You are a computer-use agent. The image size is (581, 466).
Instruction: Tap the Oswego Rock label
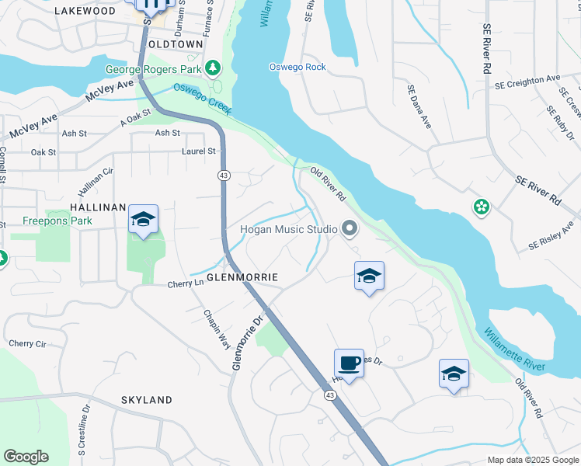(x=297, y=67)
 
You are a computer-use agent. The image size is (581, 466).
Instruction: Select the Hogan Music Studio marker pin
(x=350, y=228)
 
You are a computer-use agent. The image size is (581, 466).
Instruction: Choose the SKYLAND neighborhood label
(x=147, y=400)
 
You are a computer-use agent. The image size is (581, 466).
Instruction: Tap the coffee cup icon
(x=349, y=363)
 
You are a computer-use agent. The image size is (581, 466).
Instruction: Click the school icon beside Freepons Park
(x=143, y=220)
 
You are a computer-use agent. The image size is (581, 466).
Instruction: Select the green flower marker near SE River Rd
(x=482, y=207)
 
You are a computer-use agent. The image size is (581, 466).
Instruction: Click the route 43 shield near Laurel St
(x=224, y=176)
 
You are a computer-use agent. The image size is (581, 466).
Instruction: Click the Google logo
(x=26, y=457)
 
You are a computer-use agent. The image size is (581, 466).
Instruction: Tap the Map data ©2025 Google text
(x=532, y=460)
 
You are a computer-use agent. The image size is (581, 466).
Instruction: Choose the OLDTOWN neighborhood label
(x=179, y=44)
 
